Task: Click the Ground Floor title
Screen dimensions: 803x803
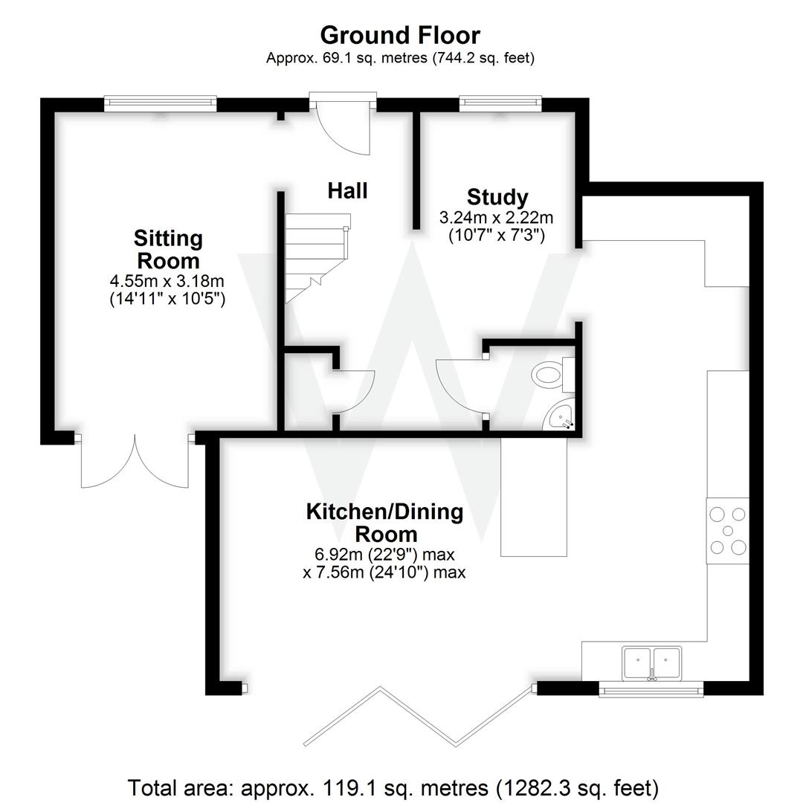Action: pyautogui.click(x=400, y=35)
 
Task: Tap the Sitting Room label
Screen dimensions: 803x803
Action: pyautogui.click(x=167, y=250)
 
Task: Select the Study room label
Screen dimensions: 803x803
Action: pyautogui.click(x=497, y=197)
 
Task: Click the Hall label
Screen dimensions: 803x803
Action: pyautogui.click(x=347, y=191)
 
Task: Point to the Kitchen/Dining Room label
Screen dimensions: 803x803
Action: pyautogui.click(x=385, y=522)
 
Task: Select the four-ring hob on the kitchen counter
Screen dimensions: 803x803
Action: pyautogui.click(x=728, y=530)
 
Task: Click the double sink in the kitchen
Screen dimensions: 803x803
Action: pyautogui.click(x=652, y=662)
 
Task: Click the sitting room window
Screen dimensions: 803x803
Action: pyautogui.click(x=160, y=103)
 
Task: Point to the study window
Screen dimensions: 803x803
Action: pyautogui.click(x=500, y=103)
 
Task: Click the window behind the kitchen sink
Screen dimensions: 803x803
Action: pyautogui.click(x=651, y=691)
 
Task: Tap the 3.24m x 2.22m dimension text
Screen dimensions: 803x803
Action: pyautogui.click(x=497, y=218)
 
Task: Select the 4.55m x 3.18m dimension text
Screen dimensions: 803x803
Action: pyautogui.click(x=167, y=282)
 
